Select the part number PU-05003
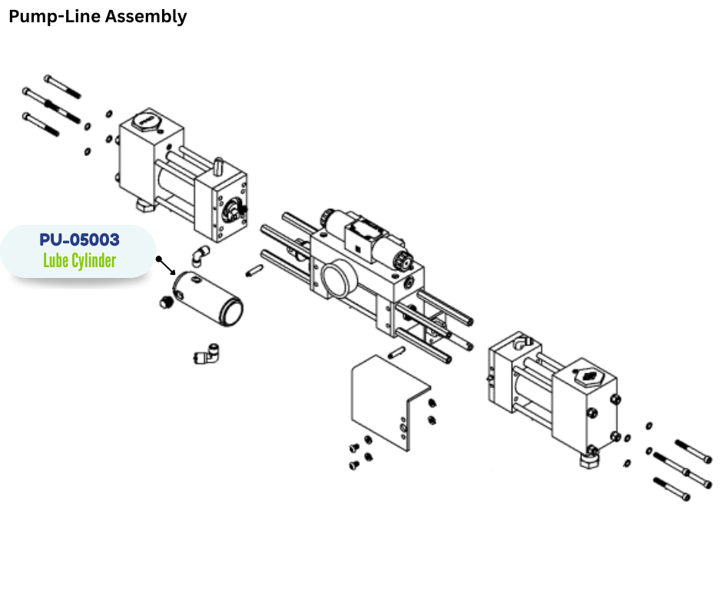[80, 240]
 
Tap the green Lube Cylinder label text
[80, 261]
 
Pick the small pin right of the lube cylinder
[255, 271]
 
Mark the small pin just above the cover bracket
[397, 353]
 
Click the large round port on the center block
[337, 278]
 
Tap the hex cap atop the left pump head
[145, 123]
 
